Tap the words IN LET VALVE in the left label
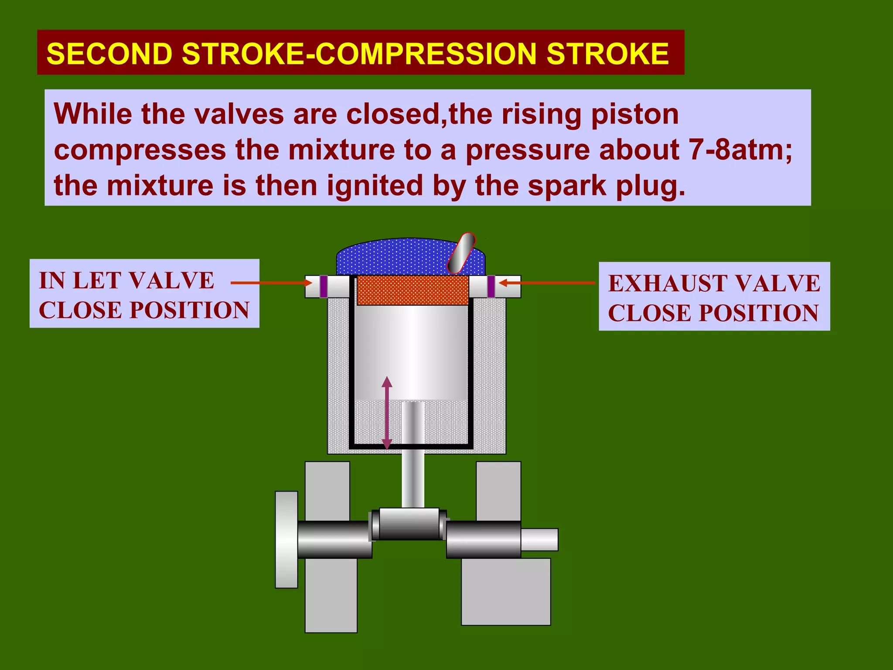[x=126, y=280]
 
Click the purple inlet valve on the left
[x=324, y=286]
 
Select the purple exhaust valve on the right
[x=491, y=286]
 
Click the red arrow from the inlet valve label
[x=270, y=283]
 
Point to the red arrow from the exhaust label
[x=547, y=283]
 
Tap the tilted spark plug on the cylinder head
[x=461, y=253]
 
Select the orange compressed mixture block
[x=412, y=290]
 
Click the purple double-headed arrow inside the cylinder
[x=387, y=412]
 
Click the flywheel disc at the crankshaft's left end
[x=286, y=539]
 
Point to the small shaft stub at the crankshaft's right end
[x=539, y=540]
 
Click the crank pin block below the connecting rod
[x=409, y=524]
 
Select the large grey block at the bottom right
[x=506, y=591]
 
